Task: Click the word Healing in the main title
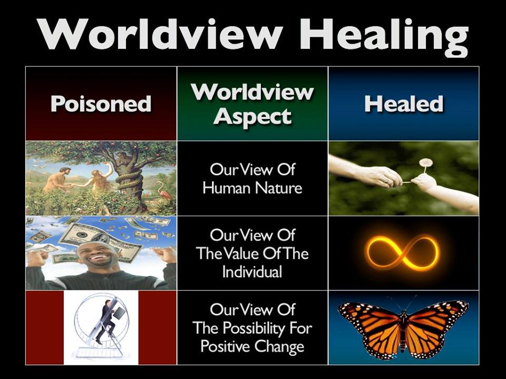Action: pos(384,37)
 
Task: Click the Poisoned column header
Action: pos(101,104)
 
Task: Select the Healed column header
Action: pos(404,104)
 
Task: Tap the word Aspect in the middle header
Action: pos(252,117)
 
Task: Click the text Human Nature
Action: pos(252,187)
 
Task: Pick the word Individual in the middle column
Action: pos(252,272)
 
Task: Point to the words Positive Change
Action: pos(252,347)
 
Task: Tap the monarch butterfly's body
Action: pos(403,328)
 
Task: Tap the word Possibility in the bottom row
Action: pos(254,328)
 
